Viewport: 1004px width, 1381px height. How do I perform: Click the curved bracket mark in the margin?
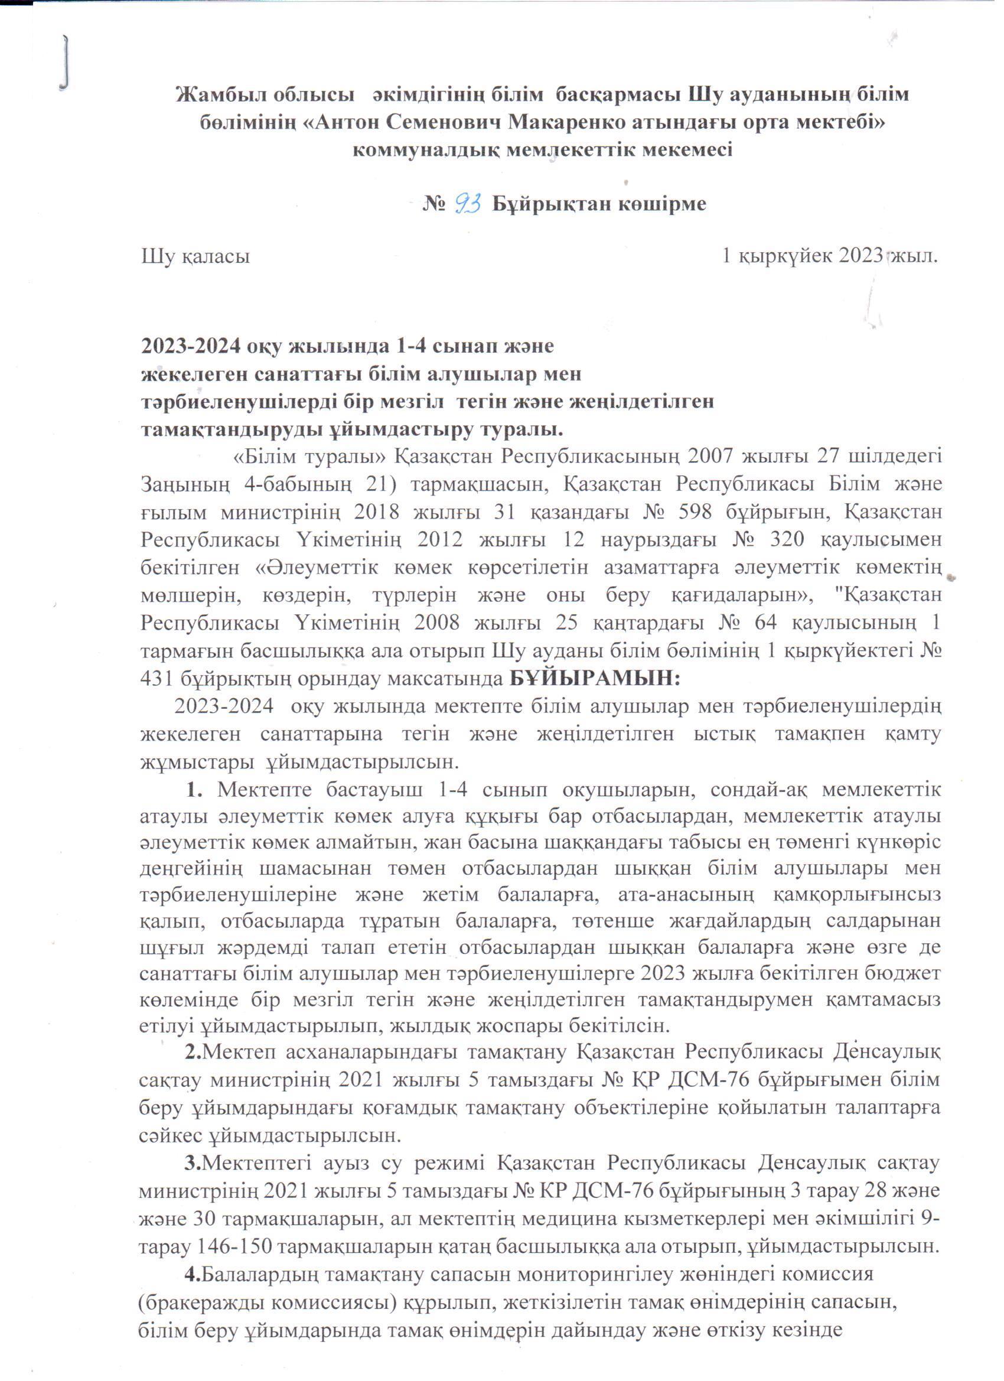click(x=66, y=61)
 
